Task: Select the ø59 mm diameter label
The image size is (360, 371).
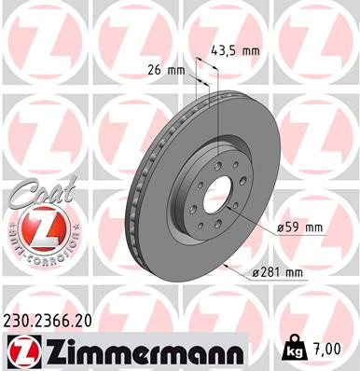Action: tap(299, 227)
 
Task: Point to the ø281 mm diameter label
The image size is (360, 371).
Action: tap(283, 272)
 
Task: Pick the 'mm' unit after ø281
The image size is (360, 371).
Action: tap(297, 272)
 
